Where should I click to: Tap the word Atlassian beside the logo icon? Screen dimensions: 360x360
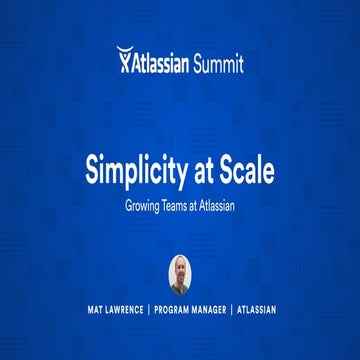pyautogui.click(x=163, y=61)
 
